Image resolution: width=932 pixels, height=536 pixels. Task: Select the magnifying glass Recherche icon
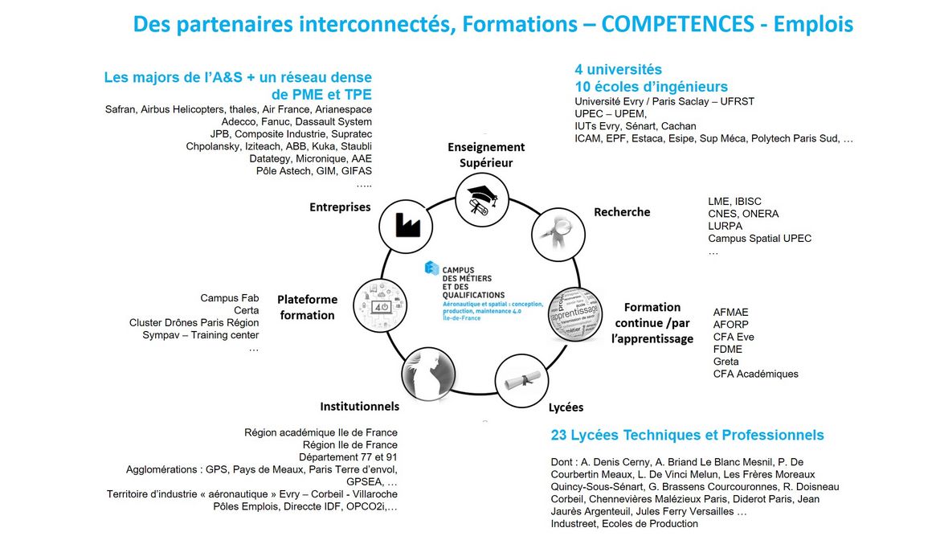[555, 232]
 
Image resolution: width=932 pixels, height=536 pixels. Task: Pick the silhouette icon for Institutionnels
[424, 373]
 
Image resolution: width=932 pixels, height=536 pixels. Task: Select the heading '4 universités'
[619, 70]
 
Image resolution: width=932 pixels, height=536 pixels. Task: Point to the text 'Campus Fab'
[230, 298]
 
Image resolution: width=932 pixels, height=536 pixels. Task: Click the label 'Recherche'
[622, 212]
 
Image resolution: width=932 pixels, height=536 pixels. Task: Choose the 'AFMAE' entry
[730, 313]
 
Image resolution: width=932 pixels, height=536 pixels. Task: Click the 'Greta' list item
[726, 362]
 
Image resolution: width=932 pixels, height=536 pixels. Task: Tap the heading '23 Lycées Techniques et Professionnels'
[687, 436]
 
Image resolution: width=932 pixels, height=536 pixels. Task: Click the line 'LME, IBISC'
[734, 202]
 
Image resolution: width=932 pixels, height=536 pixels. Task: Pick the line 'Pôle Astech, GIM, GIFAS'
[314, 171]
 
